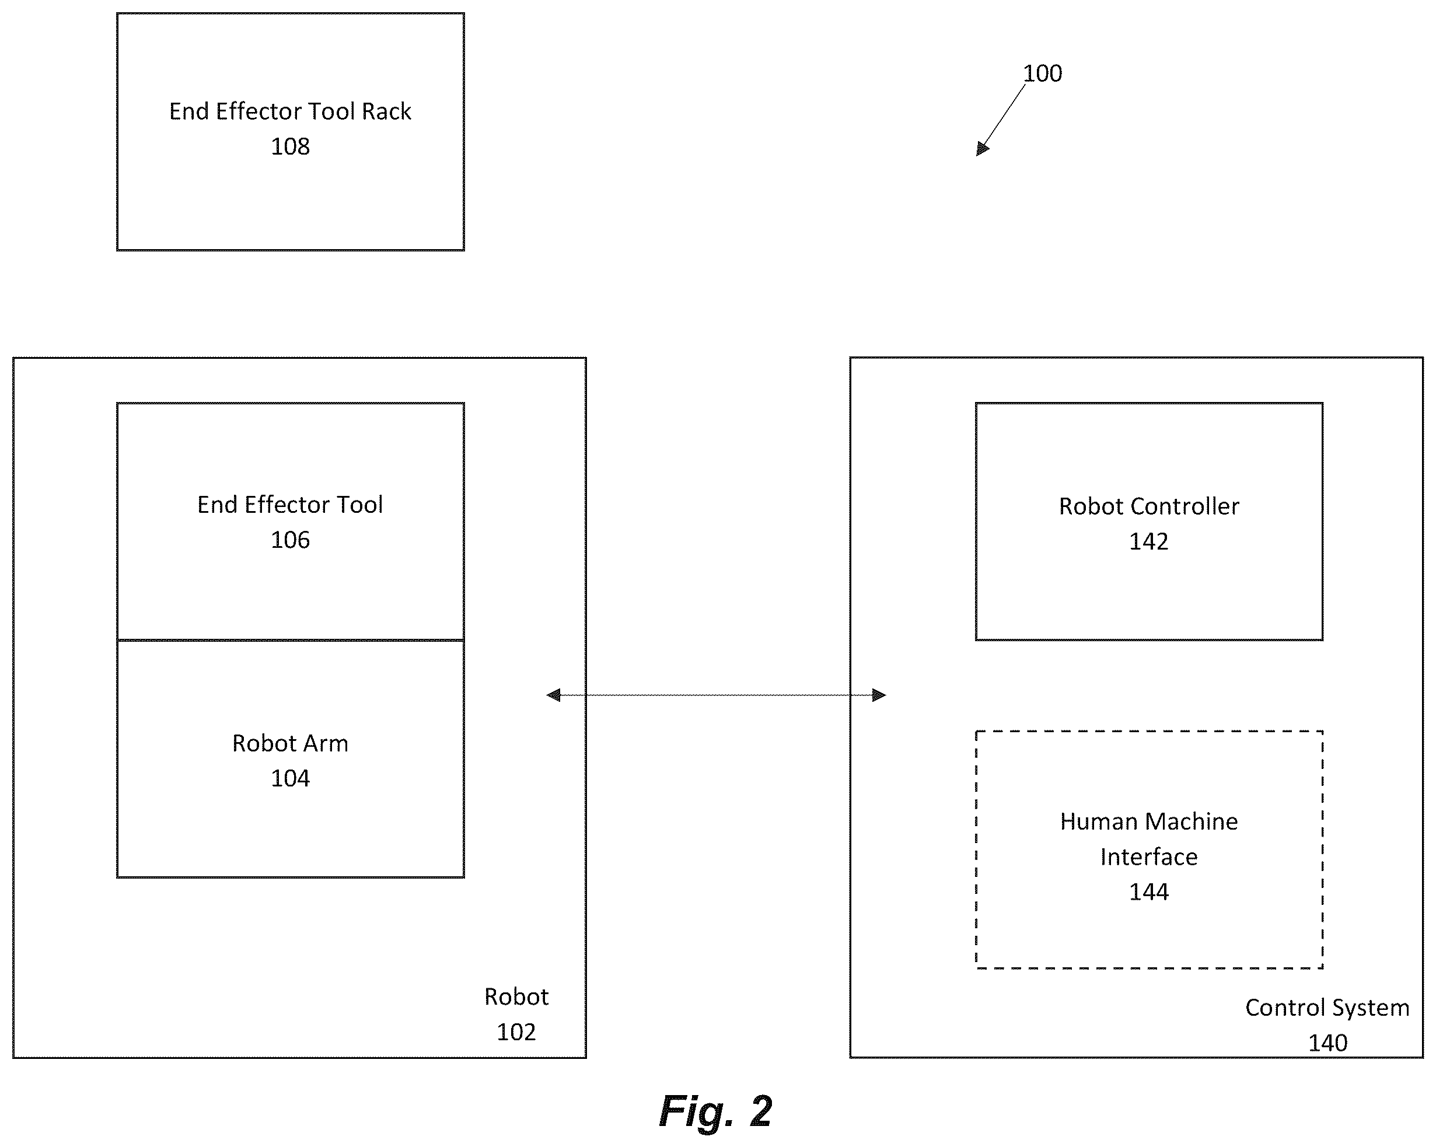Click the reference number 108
[x=290, y=146]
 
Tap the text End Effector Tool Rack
[x=290, y=111]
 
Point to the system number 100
[x=1042, y=74]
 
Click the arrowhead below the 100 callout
[x=983, y=149]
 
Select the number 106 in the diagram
[x=290, y=540]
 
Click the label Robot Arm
[x=290, y=743]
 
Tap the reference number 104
[x=290, y=778]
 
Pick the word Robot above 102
[x=516, y=996]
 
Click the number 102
[x=516, y=1031]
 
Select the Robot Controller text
[x=1149, y=506]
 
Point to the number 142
[x=1149, y=541]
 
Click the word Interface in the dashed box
[x=1149, y=856]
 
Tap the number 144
[x=1149, y=892]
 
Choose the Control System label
[x=1327, y=1008]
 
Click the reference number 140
[x=1327, y=1043]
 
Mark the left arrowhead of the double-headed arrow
[x=553, y=695]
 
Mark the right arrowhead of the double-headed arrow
[x=879, y=695]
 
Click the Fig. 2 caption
[x=715, y=1111]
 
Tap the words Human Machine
[x=1149, y=821]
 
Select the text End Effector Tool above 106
[x=290, y=504]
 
